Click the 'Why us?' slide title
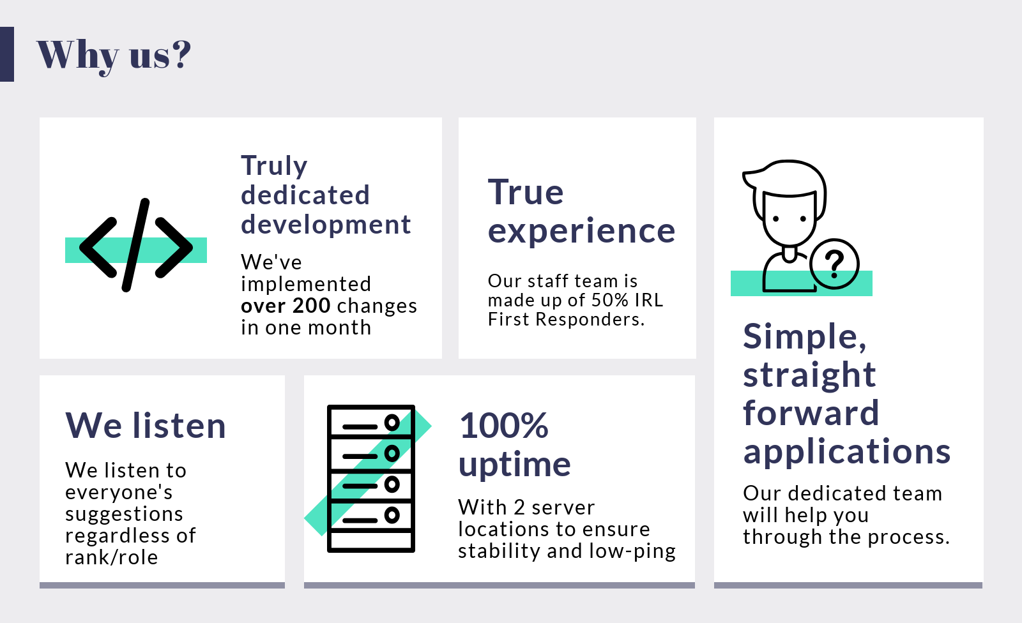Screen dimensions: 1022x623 (x=114, y=56)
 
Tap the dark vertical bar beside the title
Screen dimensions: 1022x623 (x=7, y=54)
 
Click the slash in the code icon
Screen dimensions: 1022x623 (x=135, y=245)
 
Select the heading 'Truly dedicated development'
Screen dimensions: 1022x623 (x=326, y=195)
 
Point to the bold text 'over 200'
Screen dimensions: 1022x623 (x=286, y=306)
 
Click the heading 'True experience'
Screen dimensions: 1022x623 (x=581, y=212)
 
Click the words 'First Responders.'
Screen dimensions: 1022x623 (x=566, y=319)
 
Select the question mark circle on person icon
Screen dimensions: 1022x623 (x=834, y=264)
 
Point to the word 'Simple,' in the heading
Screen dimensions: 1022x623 (x=804, y=336)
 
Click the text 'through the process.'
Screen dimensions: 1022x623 (x=846, y=537)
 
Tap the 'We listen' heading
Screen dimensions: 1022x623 (x=146, y=426)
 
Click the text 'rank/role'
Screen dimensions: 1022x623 (x=112, y=557)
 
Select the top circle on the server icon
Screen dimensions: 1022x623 (x=392, y=423)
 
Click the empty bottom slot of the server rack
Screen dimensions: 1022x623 (x=371, y=541)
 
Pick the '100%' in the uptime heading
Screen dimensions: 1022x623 (x=504, y=426)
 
